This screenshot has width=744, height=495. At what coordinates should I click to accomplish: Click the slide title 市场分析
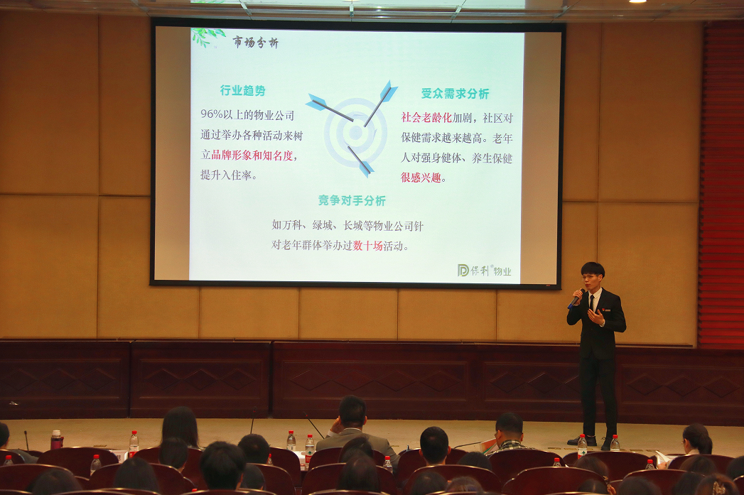click(255, 43)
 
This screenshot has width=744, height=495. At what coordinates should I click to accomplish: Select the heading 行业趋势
click(242, 91)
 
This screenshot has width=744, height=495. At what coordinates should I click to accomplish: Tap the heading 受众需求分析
click(455, 94)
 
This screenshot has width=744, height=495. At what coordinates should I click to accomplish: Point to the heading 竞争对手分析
click(352, 200)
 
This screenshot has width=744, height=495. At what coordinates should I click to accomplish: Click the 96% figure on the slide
click(211, 115)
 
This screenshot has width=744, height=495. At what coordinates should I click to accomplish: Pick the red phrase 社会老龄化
click(426, 118)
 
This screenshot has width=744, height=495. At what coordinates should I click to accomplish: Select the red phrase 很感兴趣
click(421, 178)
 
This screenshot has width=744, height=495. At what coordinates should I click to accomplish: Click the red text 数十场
click(367, 246)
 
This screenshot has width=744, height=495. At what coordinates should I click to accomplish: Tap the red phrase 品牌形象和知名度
click(252, 155)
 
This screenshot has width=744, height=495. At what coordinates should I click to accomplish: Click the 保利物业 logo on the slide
click(485, 271)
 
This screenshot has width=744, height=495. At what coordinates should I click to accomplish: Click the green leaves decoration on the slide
click(207, 37)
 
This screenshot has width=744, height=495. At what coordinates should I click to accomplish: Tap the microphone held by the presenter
click(576, 299)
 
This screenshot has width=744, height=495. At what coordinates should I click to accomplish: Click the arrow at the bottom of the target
click(360, 161)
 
